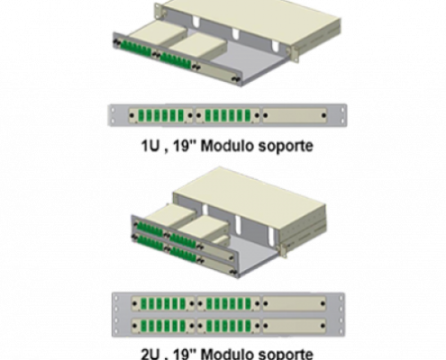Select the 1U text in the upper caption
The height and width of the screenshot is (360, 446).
150,146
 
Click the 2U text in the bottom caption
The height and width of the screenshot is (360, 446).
150,354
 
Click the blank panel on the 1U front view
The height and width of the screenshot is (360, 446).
295,115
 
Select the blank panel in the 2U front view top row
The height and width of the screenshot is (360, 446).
295,303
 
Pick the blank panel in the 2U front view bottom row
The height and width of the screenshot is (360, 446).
295,326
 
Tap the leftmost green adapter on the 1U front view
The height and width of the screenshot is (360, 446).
141,115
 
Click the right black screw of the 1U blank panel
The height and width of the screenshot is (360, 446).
323,115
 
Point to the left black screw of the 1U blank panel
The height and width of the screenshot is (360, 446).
266,115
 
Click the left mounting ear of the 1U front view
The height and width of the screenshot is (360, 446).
113,115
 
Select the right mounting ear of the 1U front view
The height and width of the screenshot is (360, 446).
342,115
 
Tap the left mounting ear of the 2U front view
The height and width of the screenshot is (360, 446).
116,315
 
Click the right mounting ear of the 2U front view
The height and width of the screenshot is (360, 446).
341,315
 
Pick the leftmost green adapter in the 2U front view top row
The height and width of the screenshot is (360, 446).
143,304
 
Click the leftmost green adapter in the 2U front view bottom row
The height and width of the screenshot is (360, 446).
143,326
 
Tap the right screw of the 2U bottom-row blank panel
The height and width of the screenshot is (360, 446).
323,326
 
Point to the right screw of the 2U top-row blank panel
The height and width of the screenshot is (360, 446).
323,303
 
